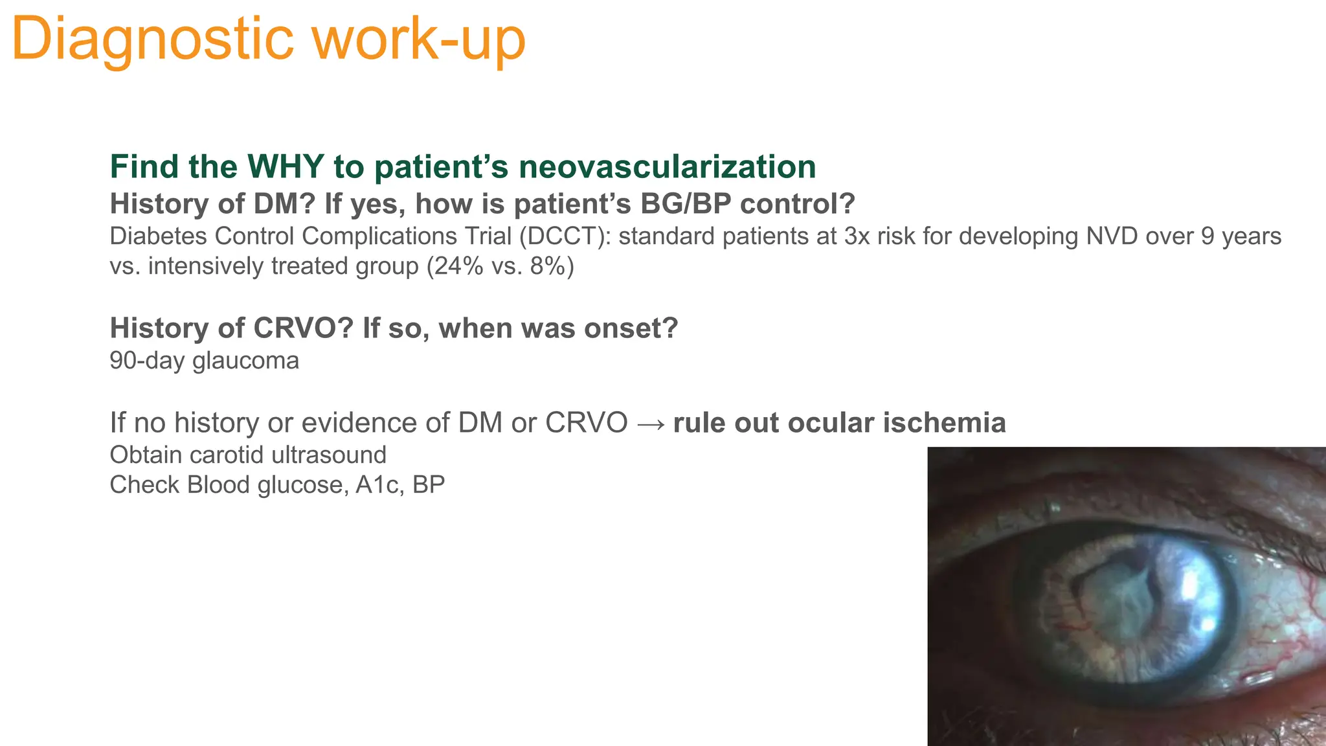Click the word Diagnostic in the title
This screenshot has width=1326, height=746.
pyautogui.click(x=153, y=39)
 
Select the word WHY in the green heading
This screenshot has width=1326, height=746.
pyautogui.click(x=285, y=166)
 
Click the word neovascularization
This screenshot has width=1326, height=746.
pyautogui.click(x=667, y=166)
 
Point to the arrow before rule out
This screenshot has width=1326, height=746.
pyautogui.click(x=650, y=423)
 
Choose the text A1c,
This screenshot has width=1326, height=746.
pyautogui.click(x=379, y=484)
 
